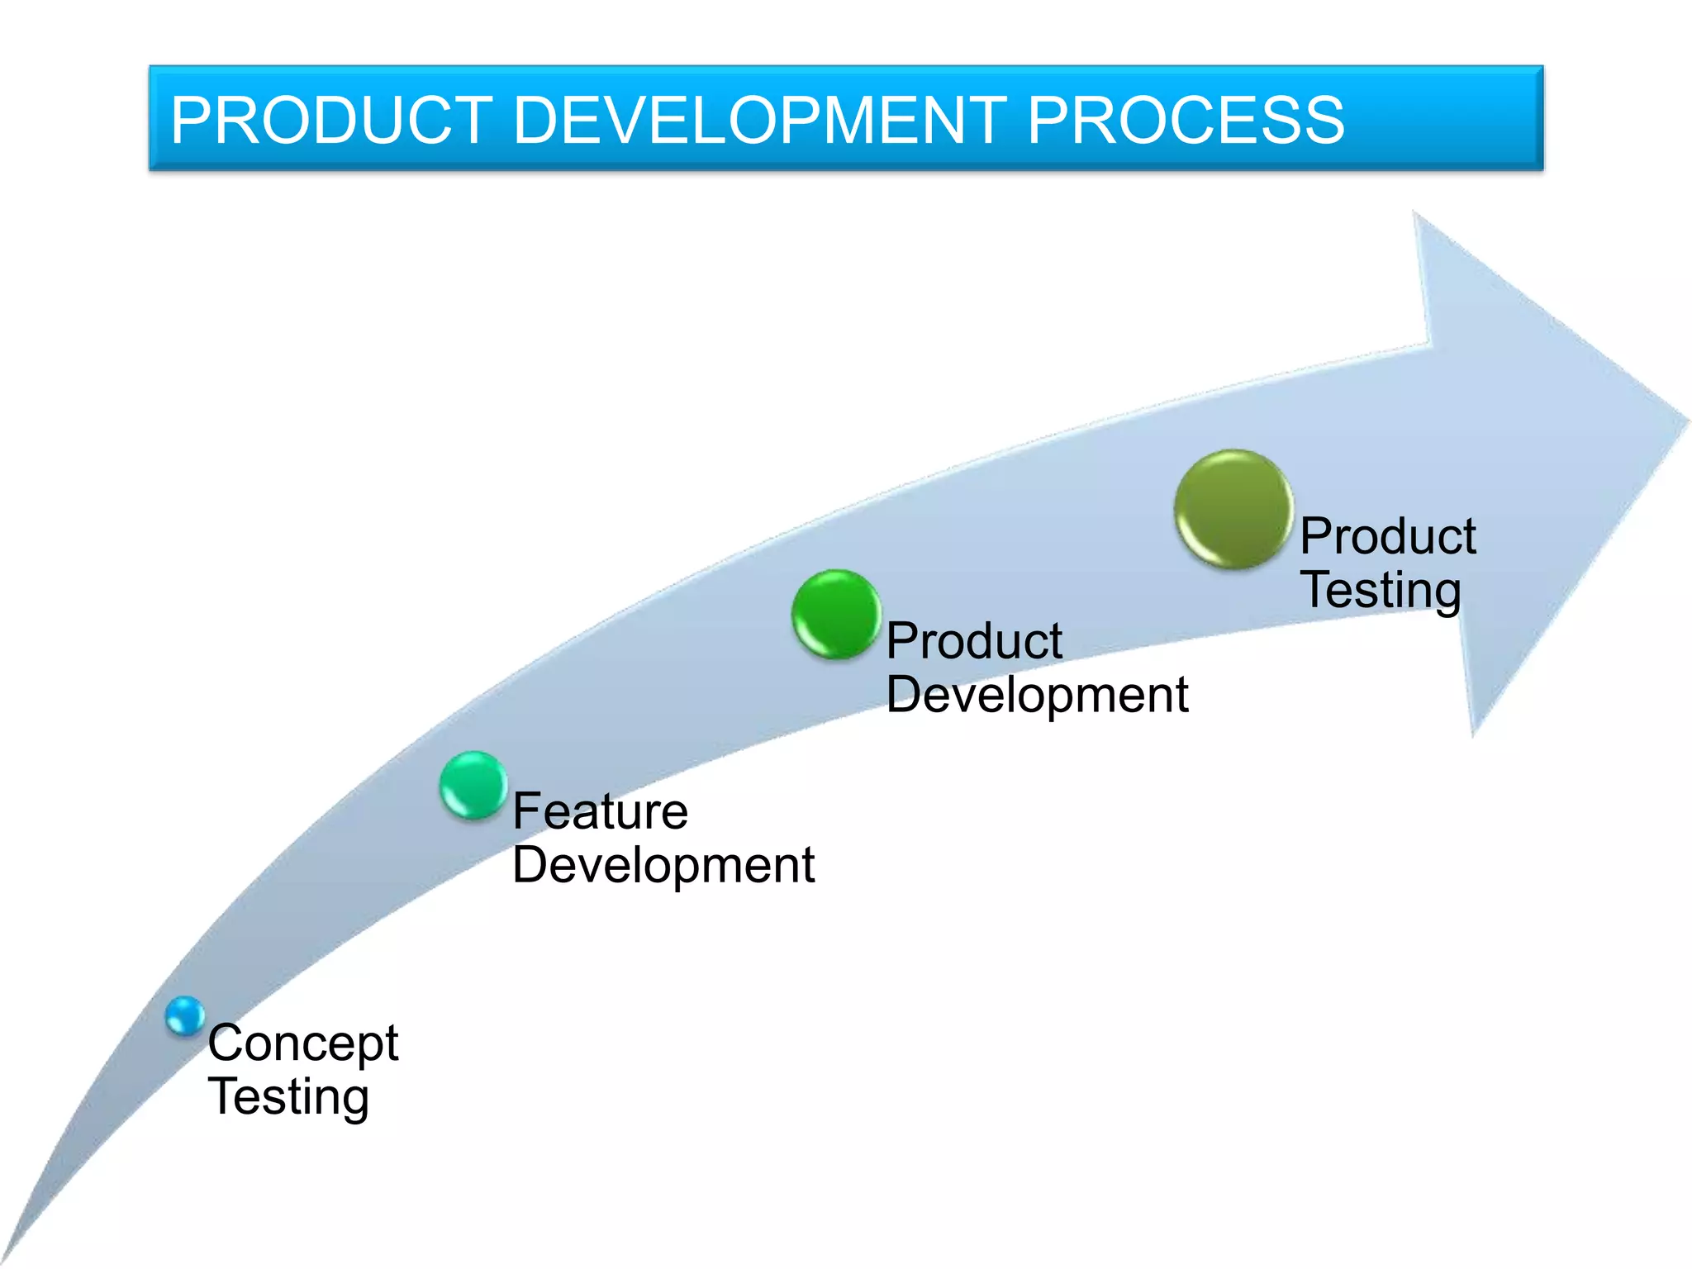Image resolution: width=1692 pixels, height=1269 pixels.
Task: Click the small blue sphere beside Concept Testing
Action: click(184, 1016)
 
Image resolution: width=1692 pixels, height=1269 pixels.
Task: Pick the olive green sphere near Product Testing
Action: click(1233, 509)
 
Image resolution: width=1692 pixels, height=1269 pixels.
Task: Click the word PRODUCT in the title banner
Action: click(331, 121)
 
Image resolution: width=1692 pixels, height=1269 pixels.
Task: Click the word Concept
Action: click(303, 1043)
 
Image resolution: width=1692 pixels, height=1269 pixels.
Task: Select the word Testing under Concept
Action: click(288, 1097)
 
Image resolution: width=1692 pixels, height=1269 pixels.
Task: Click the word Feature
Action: click(600, 811)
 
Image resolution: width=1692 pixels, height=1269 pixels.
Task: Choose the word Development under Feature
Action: click(663, 866)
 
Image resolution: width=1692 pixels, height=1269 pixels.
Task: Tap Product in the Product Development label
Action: click(974, 641)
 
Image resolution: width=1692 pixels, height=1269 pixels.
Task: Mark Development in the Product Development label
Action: click(1037, 695)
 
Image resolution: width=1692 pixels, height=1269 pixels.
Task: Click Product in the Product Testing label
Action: click(1388, 537)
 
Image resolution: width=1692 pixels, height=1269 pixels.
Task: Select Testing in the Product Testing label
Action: click(1381, 591)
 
